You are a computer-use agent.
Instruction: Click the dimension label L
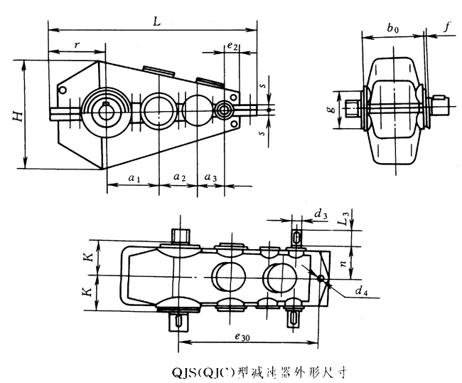156,21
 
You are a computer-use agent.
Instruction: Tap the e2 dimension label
232,46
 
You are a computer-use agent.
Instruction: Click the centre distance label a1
132,177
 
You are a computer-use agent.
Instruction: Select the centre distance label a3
211,177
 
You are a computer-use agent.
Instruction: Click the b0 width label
392,28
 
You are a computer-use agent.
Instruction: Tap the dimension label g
328,110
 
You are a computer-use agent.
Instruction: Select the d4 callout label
362,291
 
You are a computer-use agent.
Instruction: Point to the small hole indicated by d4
321,278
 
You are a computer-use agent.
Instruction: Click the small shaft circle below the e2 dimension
225,109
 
